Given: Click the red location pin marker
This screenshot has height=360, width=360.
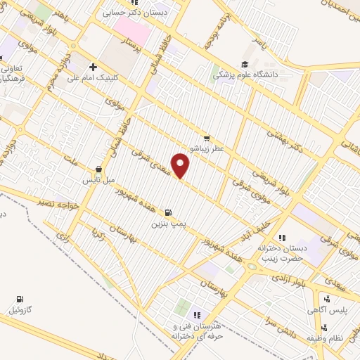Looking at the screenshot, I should coord(181,166).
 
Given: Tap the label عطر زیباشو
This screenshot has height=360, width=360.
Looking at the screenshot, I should coord(206,150).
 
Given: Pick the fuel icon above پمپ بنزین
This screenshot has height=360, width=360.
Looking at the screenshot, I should coord(167,212).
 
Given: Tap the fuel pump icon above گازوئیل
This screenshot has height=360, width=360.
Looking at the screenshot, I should coord(19,298).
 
